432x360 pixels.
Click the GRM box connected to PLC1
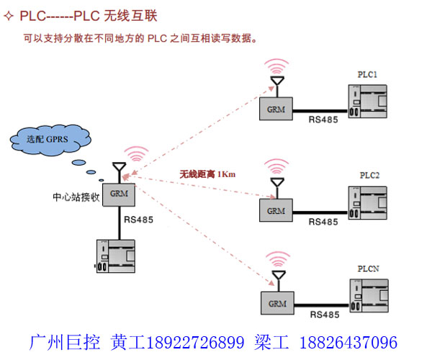pyautogui.click(x=276, y=109)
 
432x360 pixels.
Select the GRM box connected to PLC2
pyautogui.click(x=276, y=210)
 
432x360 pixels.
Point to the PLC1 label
pyautogui.click(x=368, y=74)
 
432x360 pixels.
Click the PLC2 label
pyautogui.click(x=369, y=176)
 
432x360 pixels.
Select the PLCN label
pyautogui.click(x=369, y=268)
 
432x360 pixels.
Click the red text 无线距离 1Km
pyautogui.click(x=208, y=174)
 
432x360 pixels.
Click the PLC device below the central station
pyautogui.click(x=117, y=256)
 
